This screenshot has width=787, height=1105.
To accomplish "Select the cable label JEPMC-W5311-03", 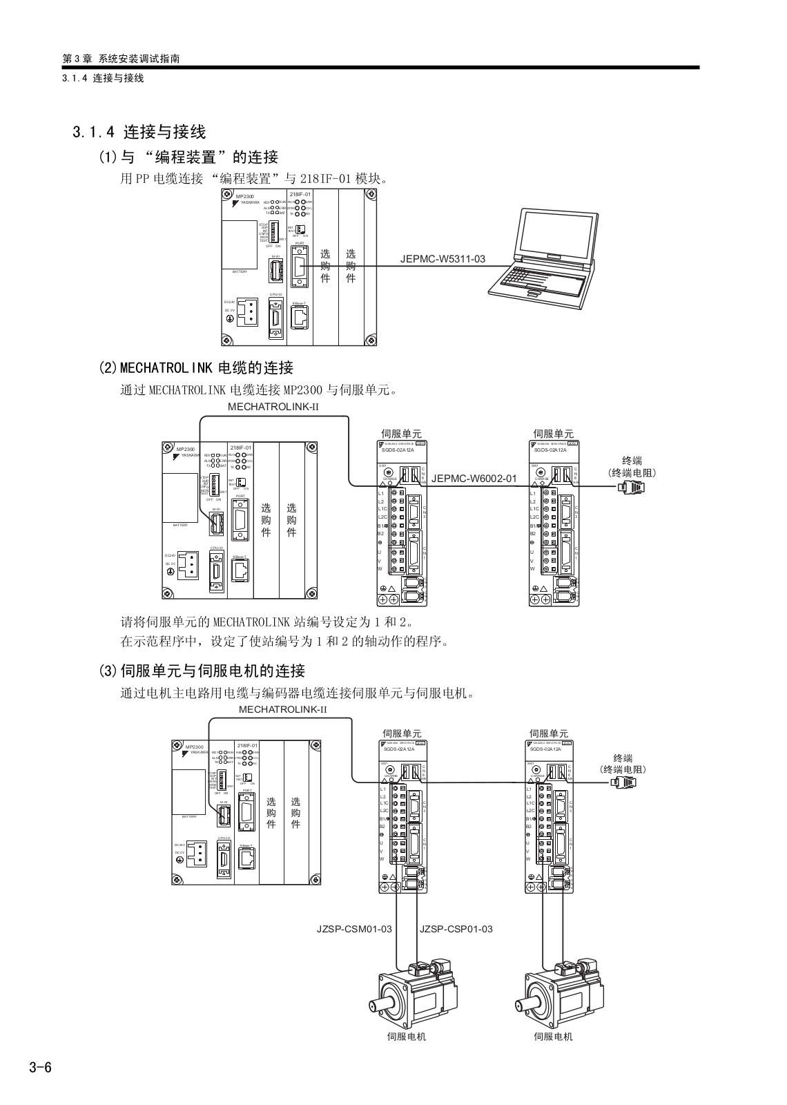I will [x=443, y=260].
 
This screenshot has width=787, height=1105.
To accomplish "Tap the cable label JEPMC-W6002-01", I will [x=474, y=478].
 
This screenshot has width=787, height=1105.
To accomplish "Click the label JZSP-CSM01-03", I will [x=354, y=929].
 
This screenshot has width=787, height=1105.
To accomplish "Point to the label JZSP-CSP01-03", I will [x=456, y=929].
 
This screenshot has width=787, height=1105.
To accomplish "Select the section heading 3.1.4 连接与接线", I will [x=139, y=131].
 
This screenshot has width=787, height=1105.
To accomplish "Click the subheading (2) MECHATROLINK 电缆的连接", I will [x=197, y=367].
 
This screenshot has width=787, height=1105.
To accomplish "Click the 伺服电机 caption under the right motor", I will [x=553, y=1037].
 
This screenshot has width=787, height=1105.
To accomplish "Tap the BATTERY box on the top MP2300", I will [x=240, y=245].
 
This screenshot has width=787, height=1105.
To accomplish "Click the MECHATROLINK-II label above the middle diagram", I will [x=273, y=407].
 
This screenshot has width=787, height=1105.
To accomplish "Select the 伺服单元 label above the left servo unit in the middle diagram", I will [x=401, y=434].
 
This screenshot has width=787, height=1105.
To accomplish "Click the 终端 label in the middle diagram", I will [x=632, y=461].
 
